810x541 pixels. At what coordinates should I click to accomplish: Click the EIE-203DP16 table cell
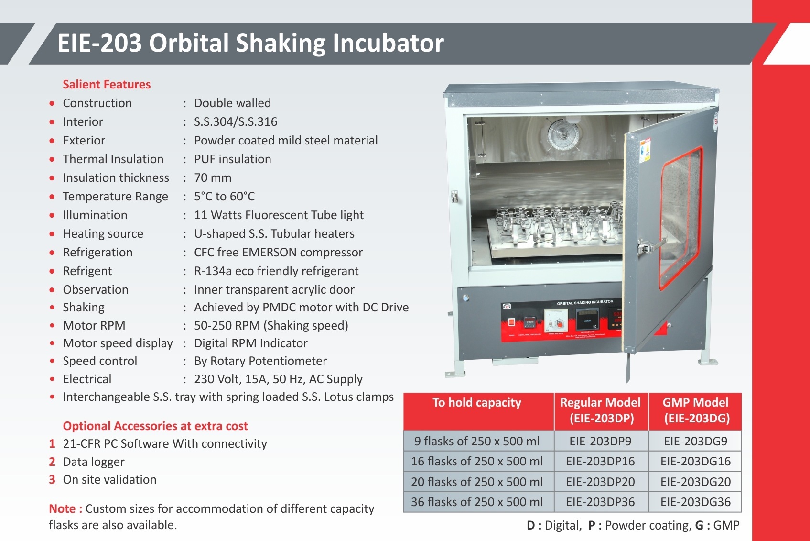coord(600,461)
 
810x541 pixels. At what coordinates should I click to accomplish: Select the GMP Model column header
coord(695,410)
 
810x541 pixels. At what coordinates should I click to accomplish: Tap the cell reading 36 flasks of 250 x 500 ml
coord(476,502)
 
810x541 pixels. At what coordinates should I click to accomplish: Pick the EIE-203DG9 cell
coord(695,441)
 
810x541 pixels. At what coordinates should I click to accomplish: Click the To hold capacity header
coord(476,402)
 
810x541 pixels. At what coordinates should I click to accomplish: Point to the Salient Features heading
coord(107,84)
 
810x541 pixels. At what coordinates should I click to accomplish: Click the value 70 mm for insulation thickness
coord(213,177)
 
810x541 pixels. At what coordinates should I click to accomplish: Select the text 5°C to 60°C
coord(224,196)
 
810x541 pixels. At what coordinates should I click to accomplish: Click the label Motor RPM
coord(94,325)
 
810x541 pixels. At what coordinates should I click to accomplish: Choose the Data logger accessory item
coord(94,462)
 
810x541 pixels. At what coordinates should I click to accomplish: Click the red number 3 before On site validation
coord(52,479)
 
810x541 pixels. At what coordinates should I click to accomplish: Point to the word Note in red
coord(62,508)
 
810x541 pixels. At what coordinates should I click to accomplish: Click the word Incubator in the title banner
coord(388,43)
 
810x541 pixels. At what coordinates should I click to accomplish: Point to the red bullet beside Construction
coord(52,103)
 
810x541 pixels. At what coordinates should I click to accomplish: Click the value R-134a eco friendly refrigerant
coord(276,271)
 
